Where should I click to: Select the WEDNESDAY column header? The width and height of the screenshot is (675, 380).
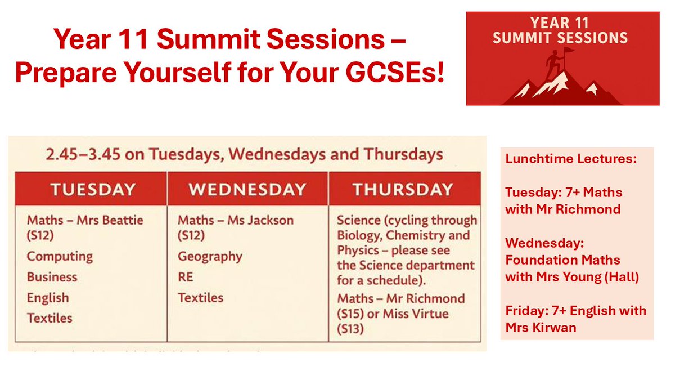(x=247, y=190)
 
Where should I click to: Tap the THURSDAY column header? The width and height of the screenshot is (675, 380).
(x=402, y=190)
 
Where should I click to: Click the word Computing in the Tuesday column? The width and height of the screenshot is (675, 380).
(x=60, y=256)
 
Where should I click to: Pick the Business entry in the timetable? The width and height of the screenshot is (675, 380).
(x=52, y=277)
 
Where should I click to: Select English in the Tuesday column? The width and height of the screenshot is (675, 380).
(x=48, y=298)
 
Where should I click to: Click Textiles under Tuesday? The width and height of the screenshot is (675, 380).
(x=49, y=318)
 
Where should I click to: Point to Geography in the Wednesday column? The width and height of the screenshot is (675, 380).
(x=210, y=257)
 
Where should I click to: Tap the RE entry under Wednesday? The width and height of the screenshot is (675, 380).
(x=185, y=277)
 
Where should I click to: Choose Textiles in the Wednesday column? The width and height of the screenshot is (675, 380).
(x=200, y=297)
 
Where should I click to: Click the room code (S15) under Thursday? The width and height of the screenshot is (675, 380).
(x=350, y=313)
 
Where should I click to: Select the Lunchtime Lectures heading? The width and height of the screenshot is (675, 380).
(x=571, y=159)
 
